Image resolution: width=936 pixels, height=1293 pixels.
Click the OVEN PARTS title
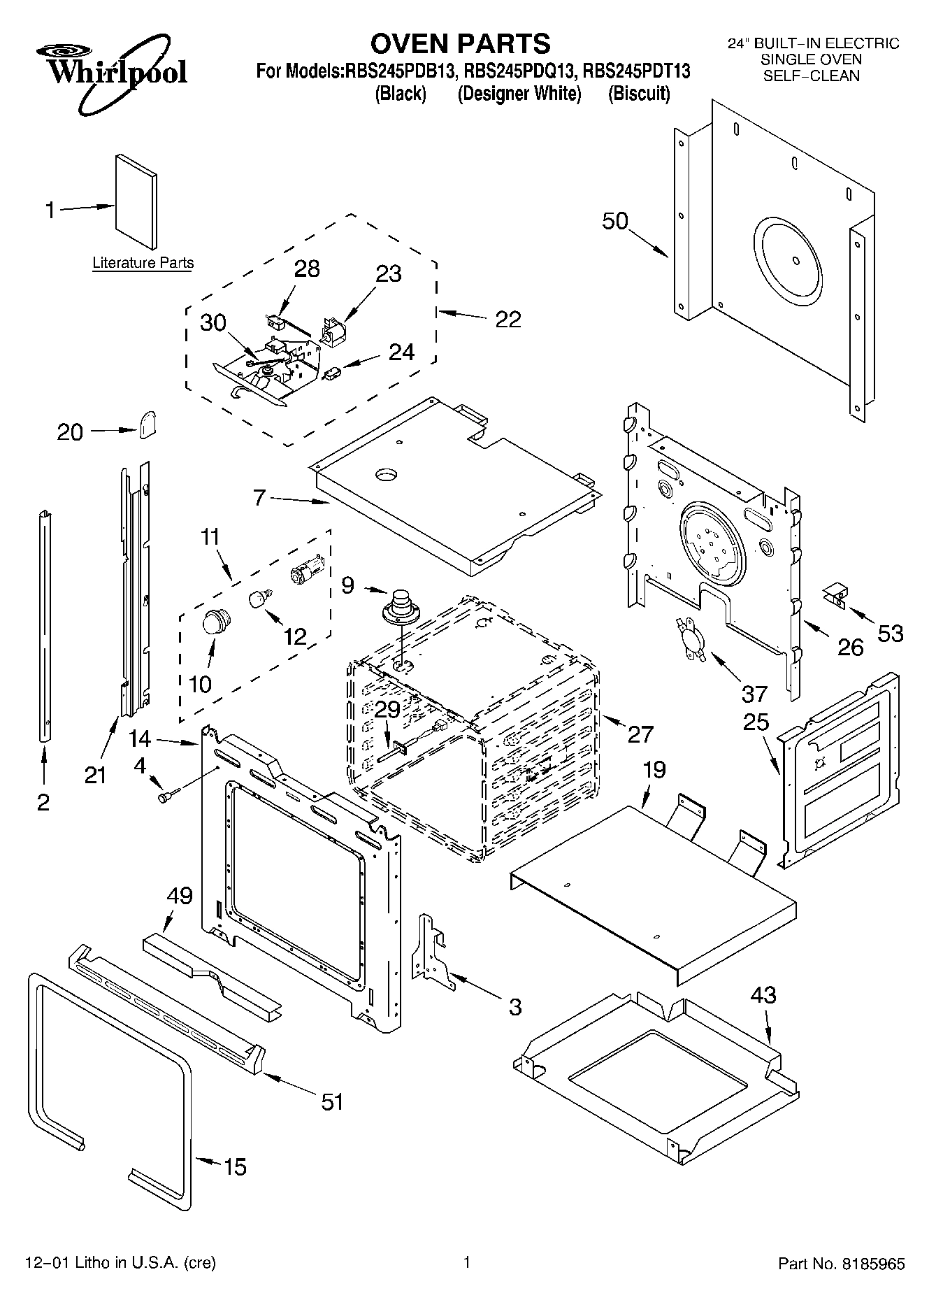(x=460, y=44)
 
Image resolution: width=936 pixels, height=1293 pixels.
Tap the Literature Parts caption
(x=143, y=263)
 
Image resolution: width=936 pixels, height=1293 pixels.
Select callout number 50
(x=615, y=221)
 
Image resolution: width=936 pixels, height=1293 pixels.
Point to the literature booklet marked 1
(x=136, y=201)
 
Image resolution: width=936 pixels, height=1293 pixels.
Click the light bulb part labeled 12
(x=259, y=599)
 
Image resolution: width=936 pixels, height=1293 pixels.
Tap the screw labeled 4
(x=168, y=796)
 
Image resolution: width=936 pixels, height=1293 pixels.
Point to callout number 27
(x=640, y=734)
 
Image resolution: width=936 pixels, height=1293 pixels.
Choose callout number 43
(x=763, y=994)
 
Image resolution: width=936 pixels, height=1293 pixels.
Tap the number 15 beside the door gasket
(x=236, y=1166)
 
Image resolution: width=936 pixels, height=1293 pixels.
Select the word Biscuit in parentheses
(x=638, y=93)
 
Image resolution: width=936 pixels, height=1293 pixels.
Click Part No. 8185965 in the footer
(x=842, y=1264)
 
